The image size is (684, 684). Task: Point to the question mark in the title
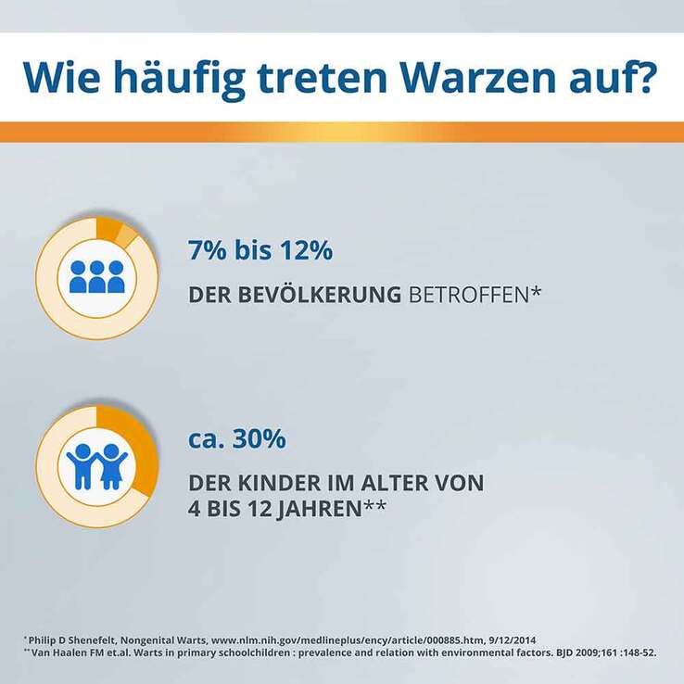(x=641, y=77)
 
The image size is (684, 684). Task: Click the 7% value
(x=208, y=250)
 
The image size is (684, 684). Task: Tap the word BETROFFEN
(x=469, y=295)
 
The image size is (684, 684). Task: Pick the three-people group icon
(x=96, y=277)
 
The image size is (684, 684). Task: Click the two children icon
(x=96, y=466)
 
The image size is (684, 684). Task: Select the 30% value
(x=260, y=438)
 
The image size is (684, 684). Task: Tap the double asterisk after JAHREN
(x=374, y=504)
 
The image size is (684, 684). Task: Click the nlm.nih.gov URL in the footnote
(x=348, y=640)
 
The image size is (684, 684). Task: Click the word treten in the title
(x=322, y=78)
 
